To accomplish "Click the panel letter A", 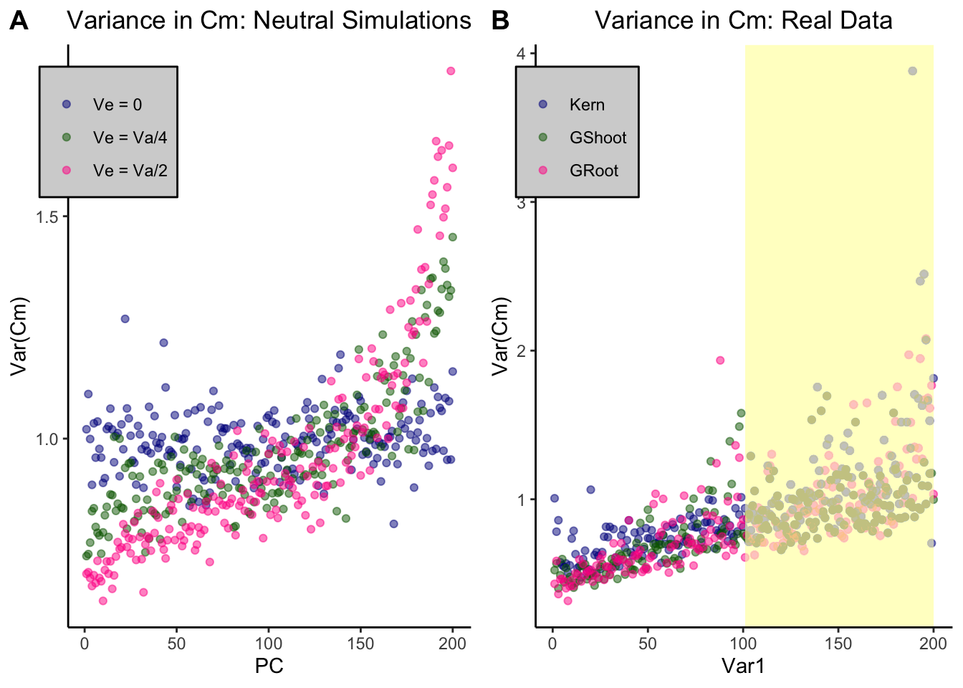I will pos(19,21).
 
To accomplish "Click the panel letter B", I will pos(500,21).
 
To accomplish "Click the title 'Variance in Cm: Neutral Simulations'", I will pos(269,20).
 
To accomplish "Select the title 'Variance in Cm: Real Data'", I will pos(743,20).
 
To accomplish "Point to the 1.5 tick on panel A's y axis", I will pos(47,217).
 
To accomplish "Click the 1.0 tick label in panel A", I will pos(47,439).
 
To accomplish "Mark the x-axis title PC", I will pos(269,666).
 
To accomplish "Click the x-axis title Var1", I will pos(743,666).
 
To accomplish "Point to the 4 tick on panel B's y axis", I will pos(521,54).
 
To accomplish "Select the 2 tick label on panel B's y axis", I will pos(521,351).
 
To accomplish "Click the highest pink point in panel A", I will pos(451,71).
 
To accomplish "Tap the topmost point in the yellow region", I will pos(912,71).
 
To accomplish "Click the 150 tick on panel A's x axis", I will pos(360,644).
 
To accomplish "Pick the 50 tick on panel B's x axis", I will pos(648,644).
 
